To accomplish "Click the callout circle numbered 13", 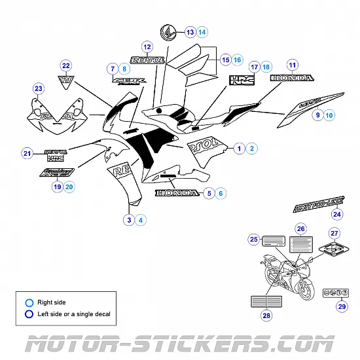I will coord(190,31).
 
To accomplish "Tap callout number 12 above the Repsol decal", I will coord(147,47).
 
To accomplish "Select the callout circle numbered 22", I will coord(65,65).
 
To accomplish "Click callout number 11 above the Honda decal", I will coord(292,65).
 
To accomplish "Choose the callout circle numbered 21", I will coord(27,154).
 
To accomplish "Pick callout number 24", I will coord(336,214).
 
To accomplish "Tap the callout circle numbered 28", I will coord(266,315).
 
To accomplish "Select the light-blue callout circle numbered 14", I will coord(202,31).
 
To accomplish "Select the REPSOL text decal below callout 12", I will coord(148,60).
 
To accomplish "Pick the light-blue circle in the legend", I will coord(28,302).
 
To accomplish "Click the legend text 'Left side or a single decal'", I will coord(74,314).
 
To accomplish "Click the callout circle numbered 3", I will coord(130,220).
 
